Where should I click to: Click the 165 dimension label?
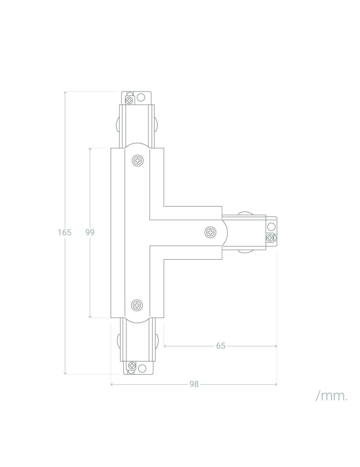[64, 232]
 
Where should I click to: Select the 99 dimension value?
[90, 232]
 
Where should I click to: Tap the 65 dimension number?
[221, 346]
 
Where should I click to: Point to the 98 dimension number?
[194, 384]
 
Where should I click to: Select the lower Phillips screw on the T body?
[137, 305]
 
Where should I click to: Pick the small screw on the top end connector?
[129, 99]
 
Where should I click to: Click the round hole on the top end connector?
[140, 97]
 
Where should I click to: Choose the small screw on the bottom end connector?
[132, 366]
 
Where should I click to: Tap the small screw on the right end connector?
[270, 238]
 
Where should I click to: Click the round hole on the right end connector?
[271, 227]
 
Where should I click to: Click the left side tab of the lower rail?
[117, 341]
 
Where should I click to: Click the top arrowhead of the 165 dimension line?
[65, 93]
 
